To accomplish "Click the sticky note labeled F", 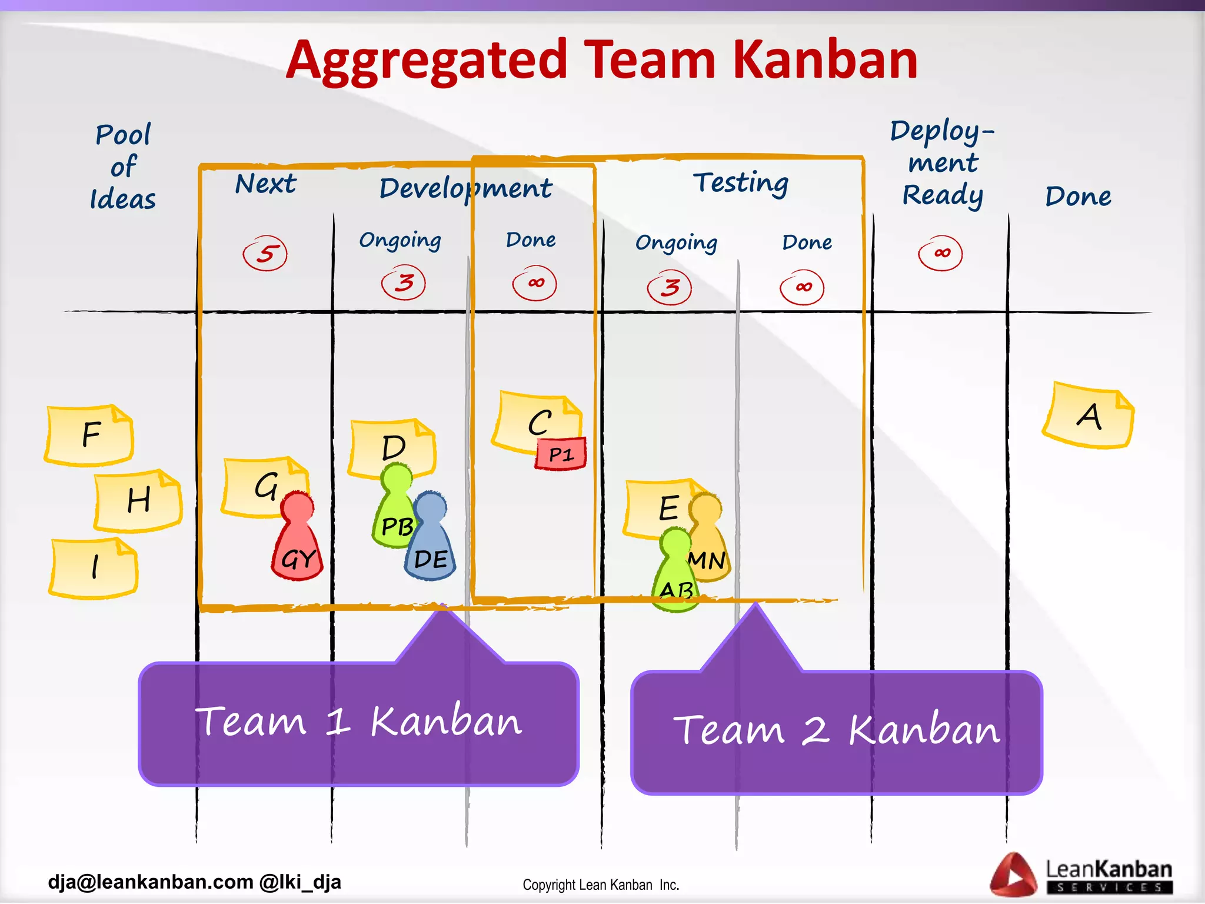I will tap(89, 436).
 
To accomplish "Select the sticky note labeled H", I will tap(138, 500).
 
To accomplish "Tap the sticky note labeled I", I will tap(94, 568).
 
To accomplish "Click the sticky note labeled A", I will tap(1089, 416).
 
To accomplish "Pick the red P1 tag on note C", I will tap(561, 454).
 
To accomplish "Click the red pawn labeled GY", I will tap(298, 544).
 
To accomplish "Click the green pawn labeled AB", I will tap(675, 577).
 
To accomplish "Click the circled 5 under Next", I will tap(265, 254).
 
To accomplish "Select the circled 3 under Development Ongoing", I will tap(404, 283).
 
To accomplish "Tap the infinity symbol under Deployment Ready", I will tap(940, 254).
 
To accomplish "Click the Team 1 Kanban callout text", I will tap(358, 722).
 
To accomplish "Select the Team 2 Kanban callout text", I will tap(836, 730).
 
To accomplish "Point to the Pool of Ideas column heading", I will tap(123, 167).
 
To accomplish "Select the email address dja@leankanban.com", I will tap(151, 882).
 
